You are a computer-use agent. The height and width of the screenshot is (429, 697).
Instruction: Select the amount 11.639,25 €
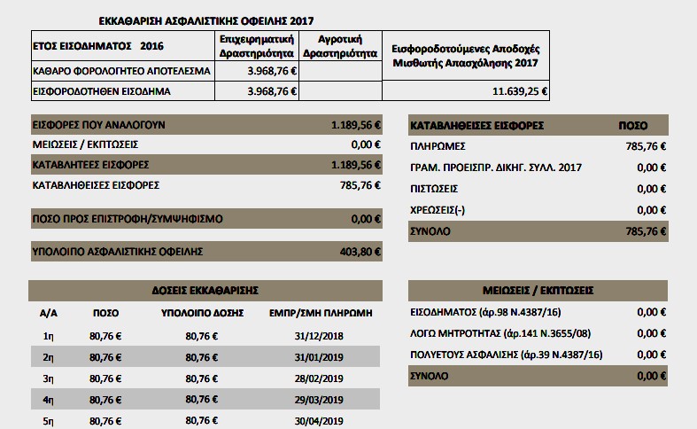tap(521, 90)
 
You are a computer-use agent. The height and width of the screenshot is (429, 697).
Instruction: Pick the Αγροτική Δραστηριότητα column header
tap(341, 46)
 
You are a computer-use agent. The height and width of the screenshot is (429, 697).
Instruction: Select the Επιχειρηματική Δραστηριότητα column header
tap(257, 46)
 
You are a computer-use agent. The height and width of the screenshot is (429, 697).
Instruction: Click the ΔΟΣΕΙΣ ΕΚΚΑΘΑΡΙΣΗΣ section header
tap(205, 290)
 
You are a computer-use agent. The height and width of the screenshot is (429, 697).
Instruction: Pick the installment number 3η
tap(50, 378)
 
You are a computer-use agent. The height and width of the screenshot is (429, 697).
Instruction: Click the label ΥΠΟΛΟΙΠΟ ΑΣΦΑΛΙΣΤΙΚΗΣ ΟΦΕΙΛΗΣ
tap(118, 251)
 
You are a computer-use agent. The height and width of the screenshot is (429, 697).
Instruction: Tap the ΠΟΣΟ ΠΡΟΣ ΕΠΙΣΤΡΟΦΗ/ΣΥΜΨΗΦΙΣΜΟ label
tap(127, 218)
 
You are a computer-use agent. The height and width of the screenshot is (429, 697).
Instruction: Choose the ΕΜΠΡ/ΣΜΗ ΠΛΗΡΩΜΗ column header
tap(320, 313)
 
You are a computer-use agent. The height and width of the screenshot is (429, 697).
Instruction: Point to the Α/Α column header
tap(49, 313)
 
